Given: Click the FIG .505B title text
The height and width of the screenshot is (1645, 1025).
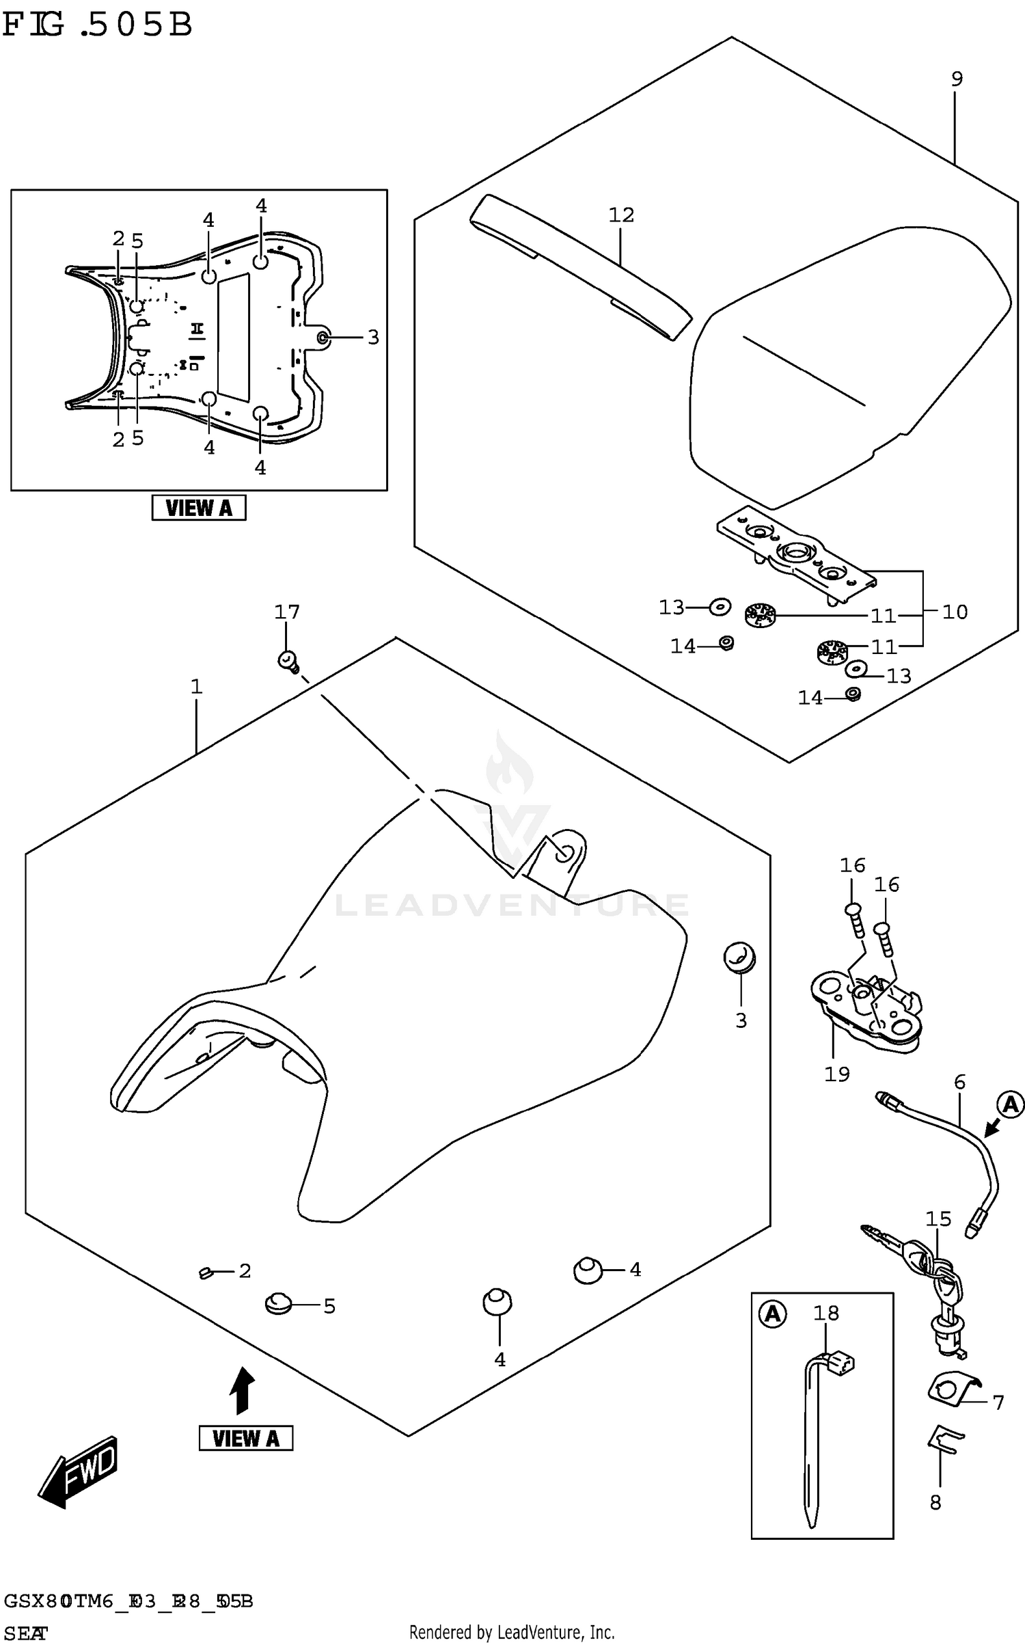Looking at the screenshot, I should tap(98, 26).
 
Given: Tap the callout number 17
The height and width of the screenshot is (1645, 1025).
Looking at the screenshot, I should tap(287, 612).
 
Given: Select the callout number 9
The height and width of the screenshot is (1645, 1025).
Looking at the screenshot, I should tap(957, 79).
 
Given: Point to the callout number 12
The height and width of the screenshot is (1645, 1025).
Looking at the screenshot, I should tap(621, 215).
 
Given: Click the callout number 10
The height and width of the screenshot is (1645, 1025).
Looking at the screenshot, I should tap(955, 612).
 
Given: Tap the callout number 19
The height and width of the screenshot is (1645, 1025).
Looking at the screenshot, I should tap(836, 1074).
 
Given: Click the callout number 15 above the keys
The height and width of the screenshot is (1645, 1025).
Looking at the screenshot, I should tap(938, 1219).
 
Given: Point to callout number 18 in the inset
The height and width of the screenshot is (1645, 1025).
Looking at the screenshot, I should tap(826, 1313).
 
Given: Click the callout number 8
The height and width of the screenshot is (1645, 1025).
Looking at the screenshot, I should tap(935, 1503).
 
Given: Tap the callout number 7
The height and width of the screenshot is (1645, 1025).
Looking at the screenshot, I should tap(998, 1403).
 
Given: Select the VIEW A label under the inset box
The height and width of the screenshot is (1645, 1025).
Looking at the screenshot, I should tap(199, 508).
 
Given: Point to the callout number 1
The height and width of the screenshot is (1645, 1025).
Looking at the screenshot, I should tap(197, 686).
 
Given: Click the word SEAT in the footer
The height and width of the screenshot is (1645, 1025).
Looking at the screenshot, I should tap(25, 1633).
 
